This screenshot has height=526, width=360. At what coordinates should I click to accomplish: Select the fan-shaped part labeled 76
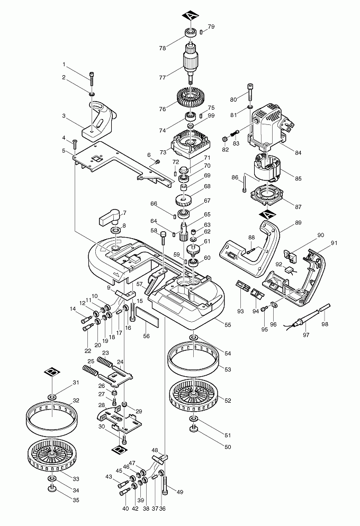(189, 98)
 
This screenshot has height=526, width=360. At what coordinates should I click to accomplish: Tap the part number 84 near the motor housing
(298, 153)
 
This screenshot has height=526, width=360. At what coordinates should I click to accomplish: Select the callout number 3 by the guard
(64, 116)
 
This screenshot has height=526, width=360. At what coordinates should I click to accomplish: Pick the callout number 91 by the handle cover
(334, 243)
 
